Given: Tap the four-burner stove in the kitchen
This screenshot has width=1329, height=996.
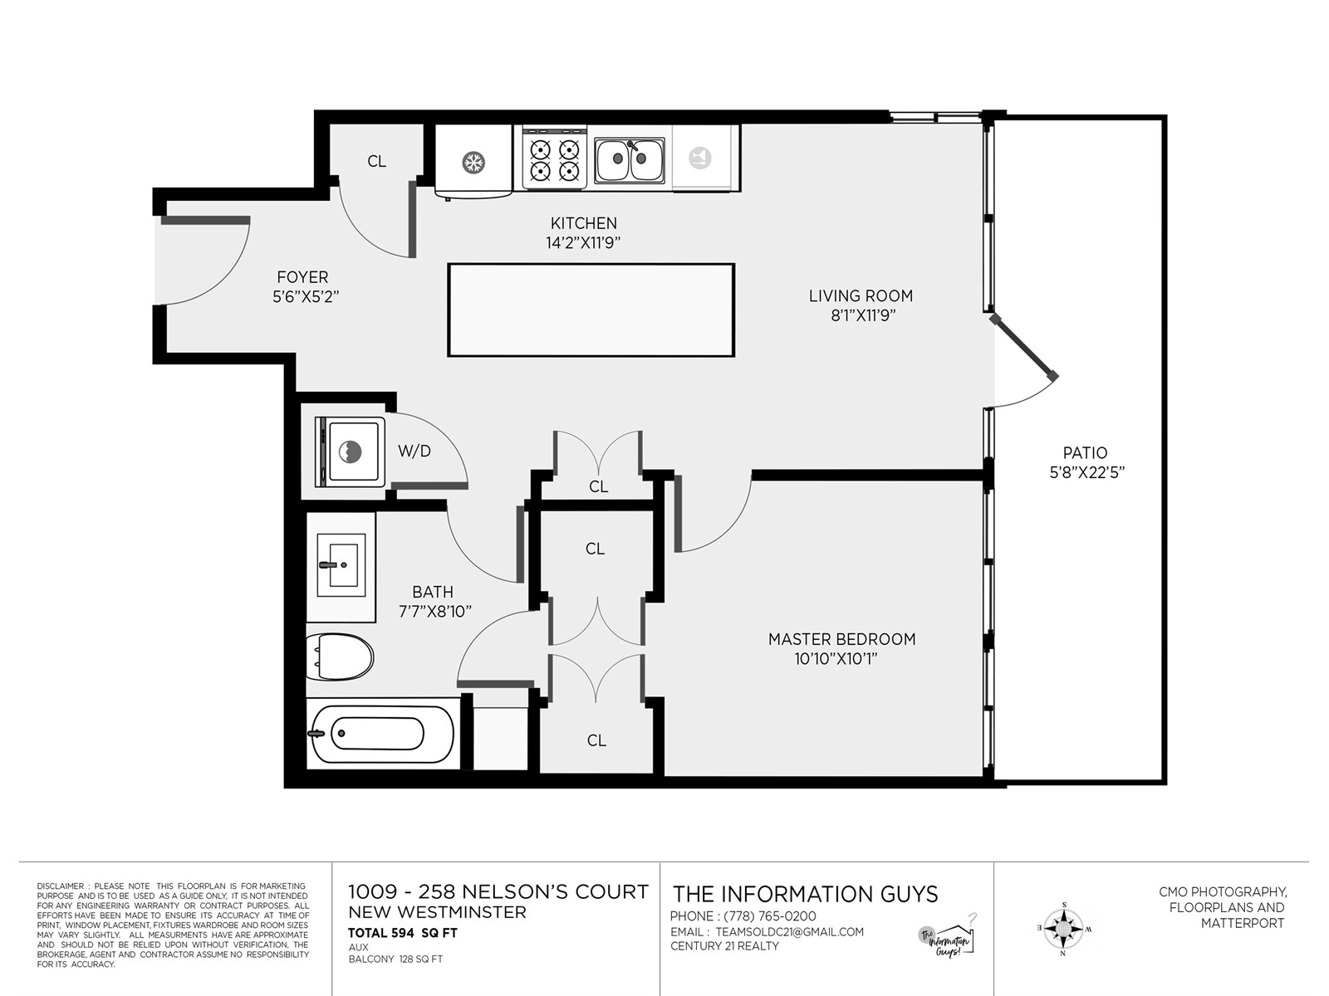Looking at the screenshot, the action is [x=555, y=159].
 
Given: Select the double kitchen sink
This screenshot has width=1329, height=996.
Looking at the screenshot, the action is [x=630, y=159].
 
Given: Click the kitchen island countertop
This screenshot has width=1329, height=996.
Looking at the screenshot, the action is [x=591, y=310].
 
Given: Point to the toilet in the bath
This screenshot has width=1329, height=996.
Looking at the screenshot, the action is [x=339, y=657].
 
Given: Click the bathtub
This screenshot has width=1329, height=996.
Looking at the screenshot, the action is [x=382, y=734].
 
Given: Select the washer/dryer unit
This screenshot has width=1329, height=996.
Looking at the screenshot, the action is [x=351, y=452].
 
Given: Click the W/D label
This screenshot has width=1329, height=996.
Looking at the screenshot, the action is [x=414, y=451].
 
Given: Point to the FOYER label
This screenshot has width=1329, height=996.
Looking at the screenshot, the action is [x=302, y=277].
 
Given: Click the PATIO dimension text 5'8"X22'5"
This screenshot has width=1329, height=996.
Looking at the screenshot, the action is [x=1086, y=472].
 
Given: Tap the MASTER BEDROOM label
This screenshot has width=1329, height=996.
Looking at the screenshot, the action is [x=841, y=639].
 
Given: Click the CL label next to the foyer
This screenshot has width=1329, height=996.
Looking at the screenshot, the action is [x=376, y=162].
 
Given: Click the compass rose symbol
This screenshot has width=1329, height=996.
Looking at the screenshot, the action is [x=1064, y=928].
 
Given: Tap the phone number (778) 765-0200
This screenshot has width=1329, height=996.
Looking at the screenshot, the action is [x=770, y=916].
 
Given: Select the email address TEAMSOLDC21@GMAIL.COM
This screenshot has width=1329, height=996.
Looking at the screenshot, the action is [x=790, y=932].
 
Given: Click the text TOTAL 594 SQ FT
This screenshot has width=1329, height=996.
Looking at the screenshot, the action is [x=403, y=932].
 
